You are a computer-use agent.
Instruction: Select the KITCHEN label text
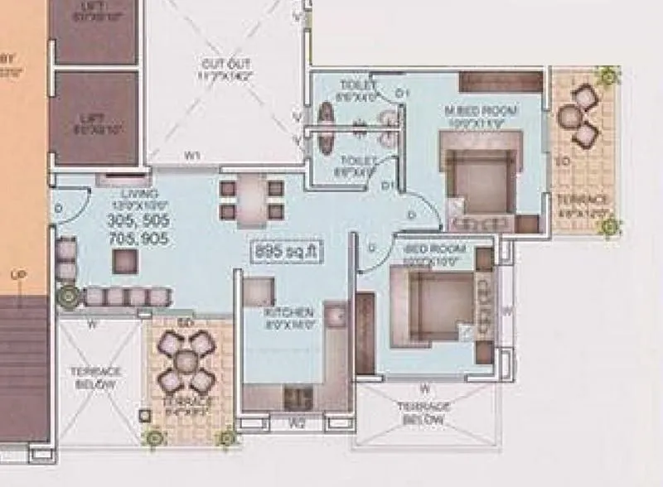[x=289, y=312]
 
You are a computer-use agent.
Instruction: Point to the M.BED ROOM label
[x=482, y=111]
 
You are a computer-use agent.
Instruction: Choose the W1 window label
[x=192, y=154]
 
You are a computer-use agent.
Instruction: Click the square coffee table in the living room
[x=126, y=261]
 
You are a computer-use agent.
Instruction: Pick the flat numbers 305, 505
[x=138, y=221]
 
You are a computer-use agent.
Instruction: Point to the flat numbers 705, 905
[x=138, y=239]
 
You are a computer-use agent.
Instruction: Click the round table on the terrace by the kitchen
[x=186, y=360]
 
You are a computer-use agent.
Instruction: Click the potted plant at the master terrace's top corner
[x=609, y=76]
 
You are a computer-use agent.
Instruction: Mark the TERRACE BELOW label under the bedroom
[x=423, y=414]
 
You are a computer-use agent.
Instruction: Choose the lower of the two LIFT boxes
[x=94, y=118]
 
